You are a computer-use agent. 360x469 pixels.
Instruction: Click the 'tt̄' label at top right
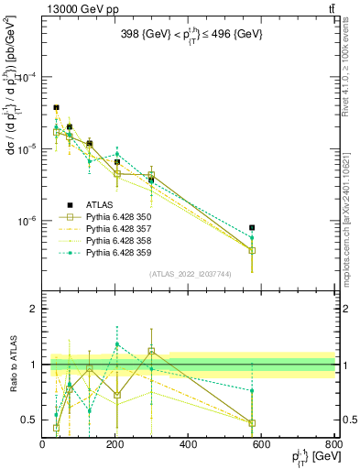coord(330,9)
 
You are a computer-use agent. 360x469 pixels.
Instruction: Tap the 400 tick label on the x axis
coord(189,445)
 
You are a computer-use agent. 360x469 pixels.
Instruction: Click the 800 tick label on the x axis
coord(333,445)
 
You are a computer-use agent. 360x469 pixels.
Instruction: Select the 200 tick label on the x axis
coord(115,445)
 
